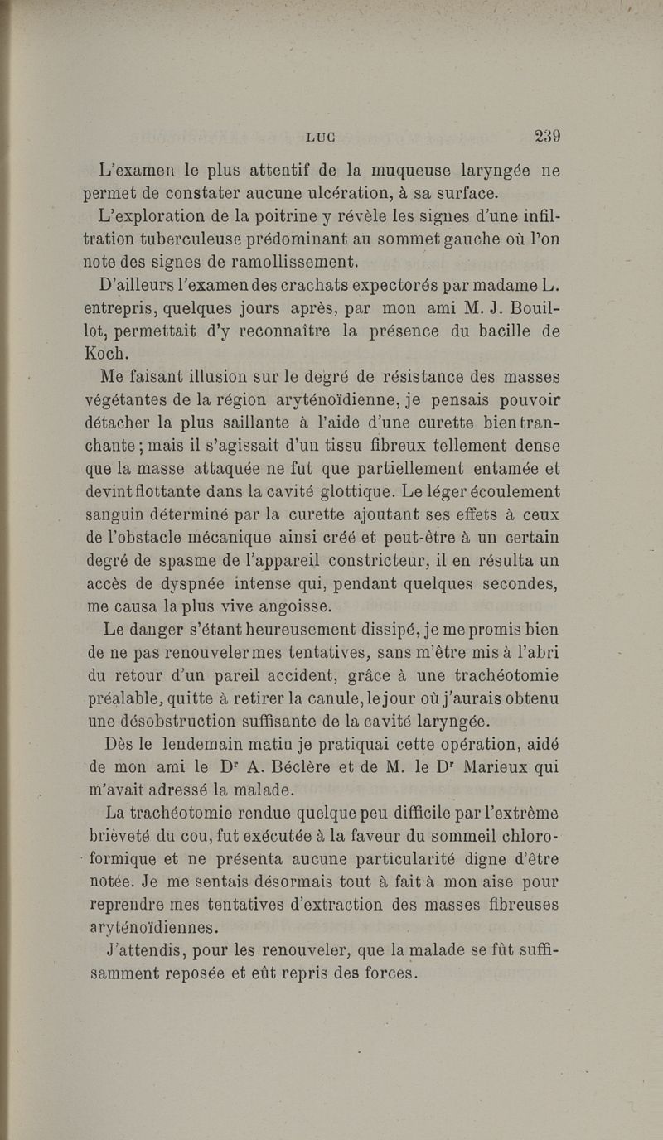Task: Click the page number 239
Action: (x=548, y=137)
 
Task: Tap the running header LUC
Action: (x=326, y=138)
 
